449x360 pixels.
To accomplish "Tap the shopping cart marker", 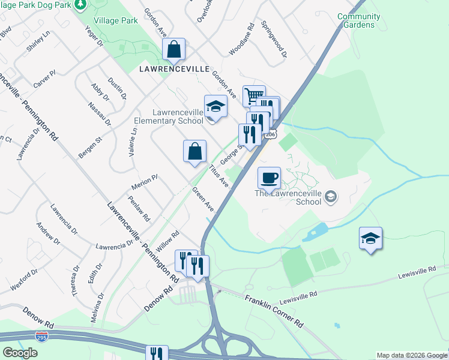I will [254, 95].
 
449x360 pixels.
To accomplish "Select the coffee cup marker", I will [269, 177].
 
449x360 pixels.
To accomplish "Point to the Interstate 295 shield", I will [42, 337].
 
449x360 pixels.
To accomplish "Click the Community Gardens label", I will [358, 21].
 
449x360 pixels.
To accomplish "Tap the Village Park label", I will [121, 20].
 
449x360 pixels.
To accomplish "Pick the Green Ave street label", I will [203, 199].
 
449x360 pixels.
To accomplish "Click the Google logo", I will [20, 353].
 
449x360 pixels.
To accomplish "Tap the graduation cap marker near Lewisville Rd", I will [370, 238].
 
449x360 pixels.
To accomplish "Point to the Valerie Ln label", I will [132, 142].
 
